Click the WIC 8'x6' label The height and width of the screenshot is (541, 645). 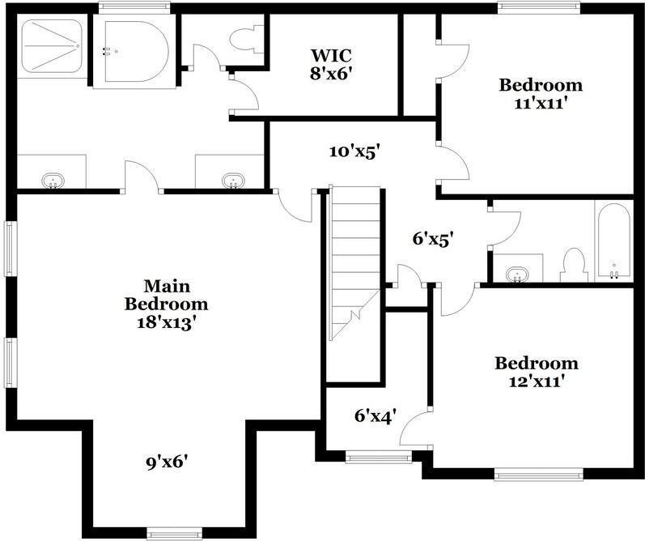331,64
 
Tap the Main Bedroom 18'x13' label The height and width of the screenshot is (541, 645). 166,305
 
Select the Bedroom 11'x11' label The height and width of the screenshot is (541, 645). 541,94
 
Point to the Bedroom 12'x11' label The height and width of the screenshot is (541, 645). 537,373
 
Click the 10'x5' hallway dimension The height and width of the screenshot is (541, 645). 354,152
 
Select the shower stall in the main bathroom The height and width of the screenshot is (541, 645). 52,45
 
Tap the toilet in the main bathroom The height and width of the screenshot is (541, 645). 246,40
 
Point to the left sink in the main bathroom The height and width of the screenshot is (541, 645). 53,181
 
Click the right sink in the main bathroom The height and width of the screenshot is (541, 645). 233,181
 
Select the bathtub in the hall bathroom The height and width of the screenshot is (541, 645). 613,242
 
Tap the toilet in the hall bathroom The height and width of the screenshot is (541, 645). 574,265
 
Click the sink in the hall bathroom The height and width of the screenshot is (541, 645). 517,274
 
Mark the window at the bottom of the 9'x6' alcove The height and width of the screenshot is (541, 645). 175,533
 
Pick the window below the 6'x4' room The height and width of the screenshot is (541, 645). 379,457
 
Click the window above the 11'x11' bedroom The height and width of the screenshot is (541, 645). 539,7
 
